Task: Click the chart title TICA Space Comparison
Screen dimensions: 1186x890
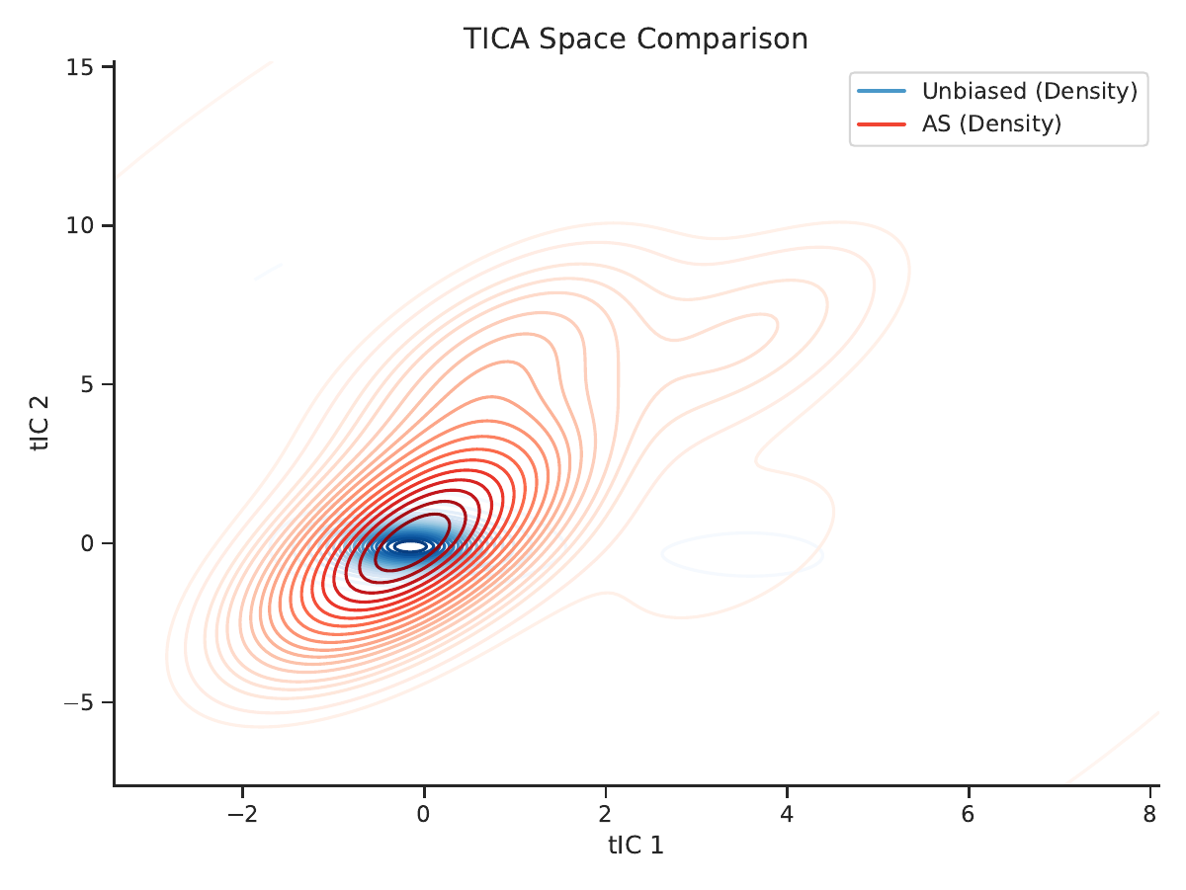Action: coord(635,39)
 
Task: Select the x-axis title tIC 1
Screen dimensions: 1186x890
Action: coord(635,846)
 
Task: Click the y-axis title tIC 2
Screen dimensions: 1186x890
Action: coord(40,423)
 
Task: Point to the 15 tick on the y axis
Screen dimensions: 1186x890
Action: coord(79,67)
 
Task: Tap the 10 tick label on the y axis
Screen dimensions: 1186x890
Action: coord(79,225)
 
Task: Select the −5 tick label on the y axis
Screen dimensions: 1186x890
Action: coord(79,702)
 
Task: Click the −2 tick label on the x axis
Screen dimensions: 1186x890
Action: coord(242,813)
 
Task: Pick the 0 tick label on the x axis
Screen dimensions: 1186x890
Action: coord(424,813)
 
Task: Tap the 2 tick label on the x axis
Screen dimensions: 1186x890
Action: coord(605,813)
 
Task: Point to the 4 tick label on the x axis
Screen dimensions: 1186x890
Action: coord(787,813)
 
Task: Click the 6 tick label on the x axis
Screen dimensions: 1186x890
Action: coord(969,813)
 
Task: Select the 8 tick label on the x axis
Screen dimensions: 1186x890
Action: coord(1149,813)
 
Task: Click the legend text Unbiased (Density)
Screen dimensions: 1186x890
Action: coord(1030,91)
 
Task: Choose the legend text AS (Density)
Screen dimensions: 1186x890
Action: coord(991,123)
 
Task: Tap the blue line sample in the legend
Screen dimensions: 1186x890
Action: coord(882,91)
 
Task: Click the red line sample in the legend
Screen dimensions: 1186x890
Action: coord(882,124)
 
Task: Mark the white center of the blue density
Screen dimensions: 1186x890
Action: coord(410,546)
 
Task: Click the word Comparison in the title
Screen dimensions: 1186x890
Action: coord(721,40)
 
